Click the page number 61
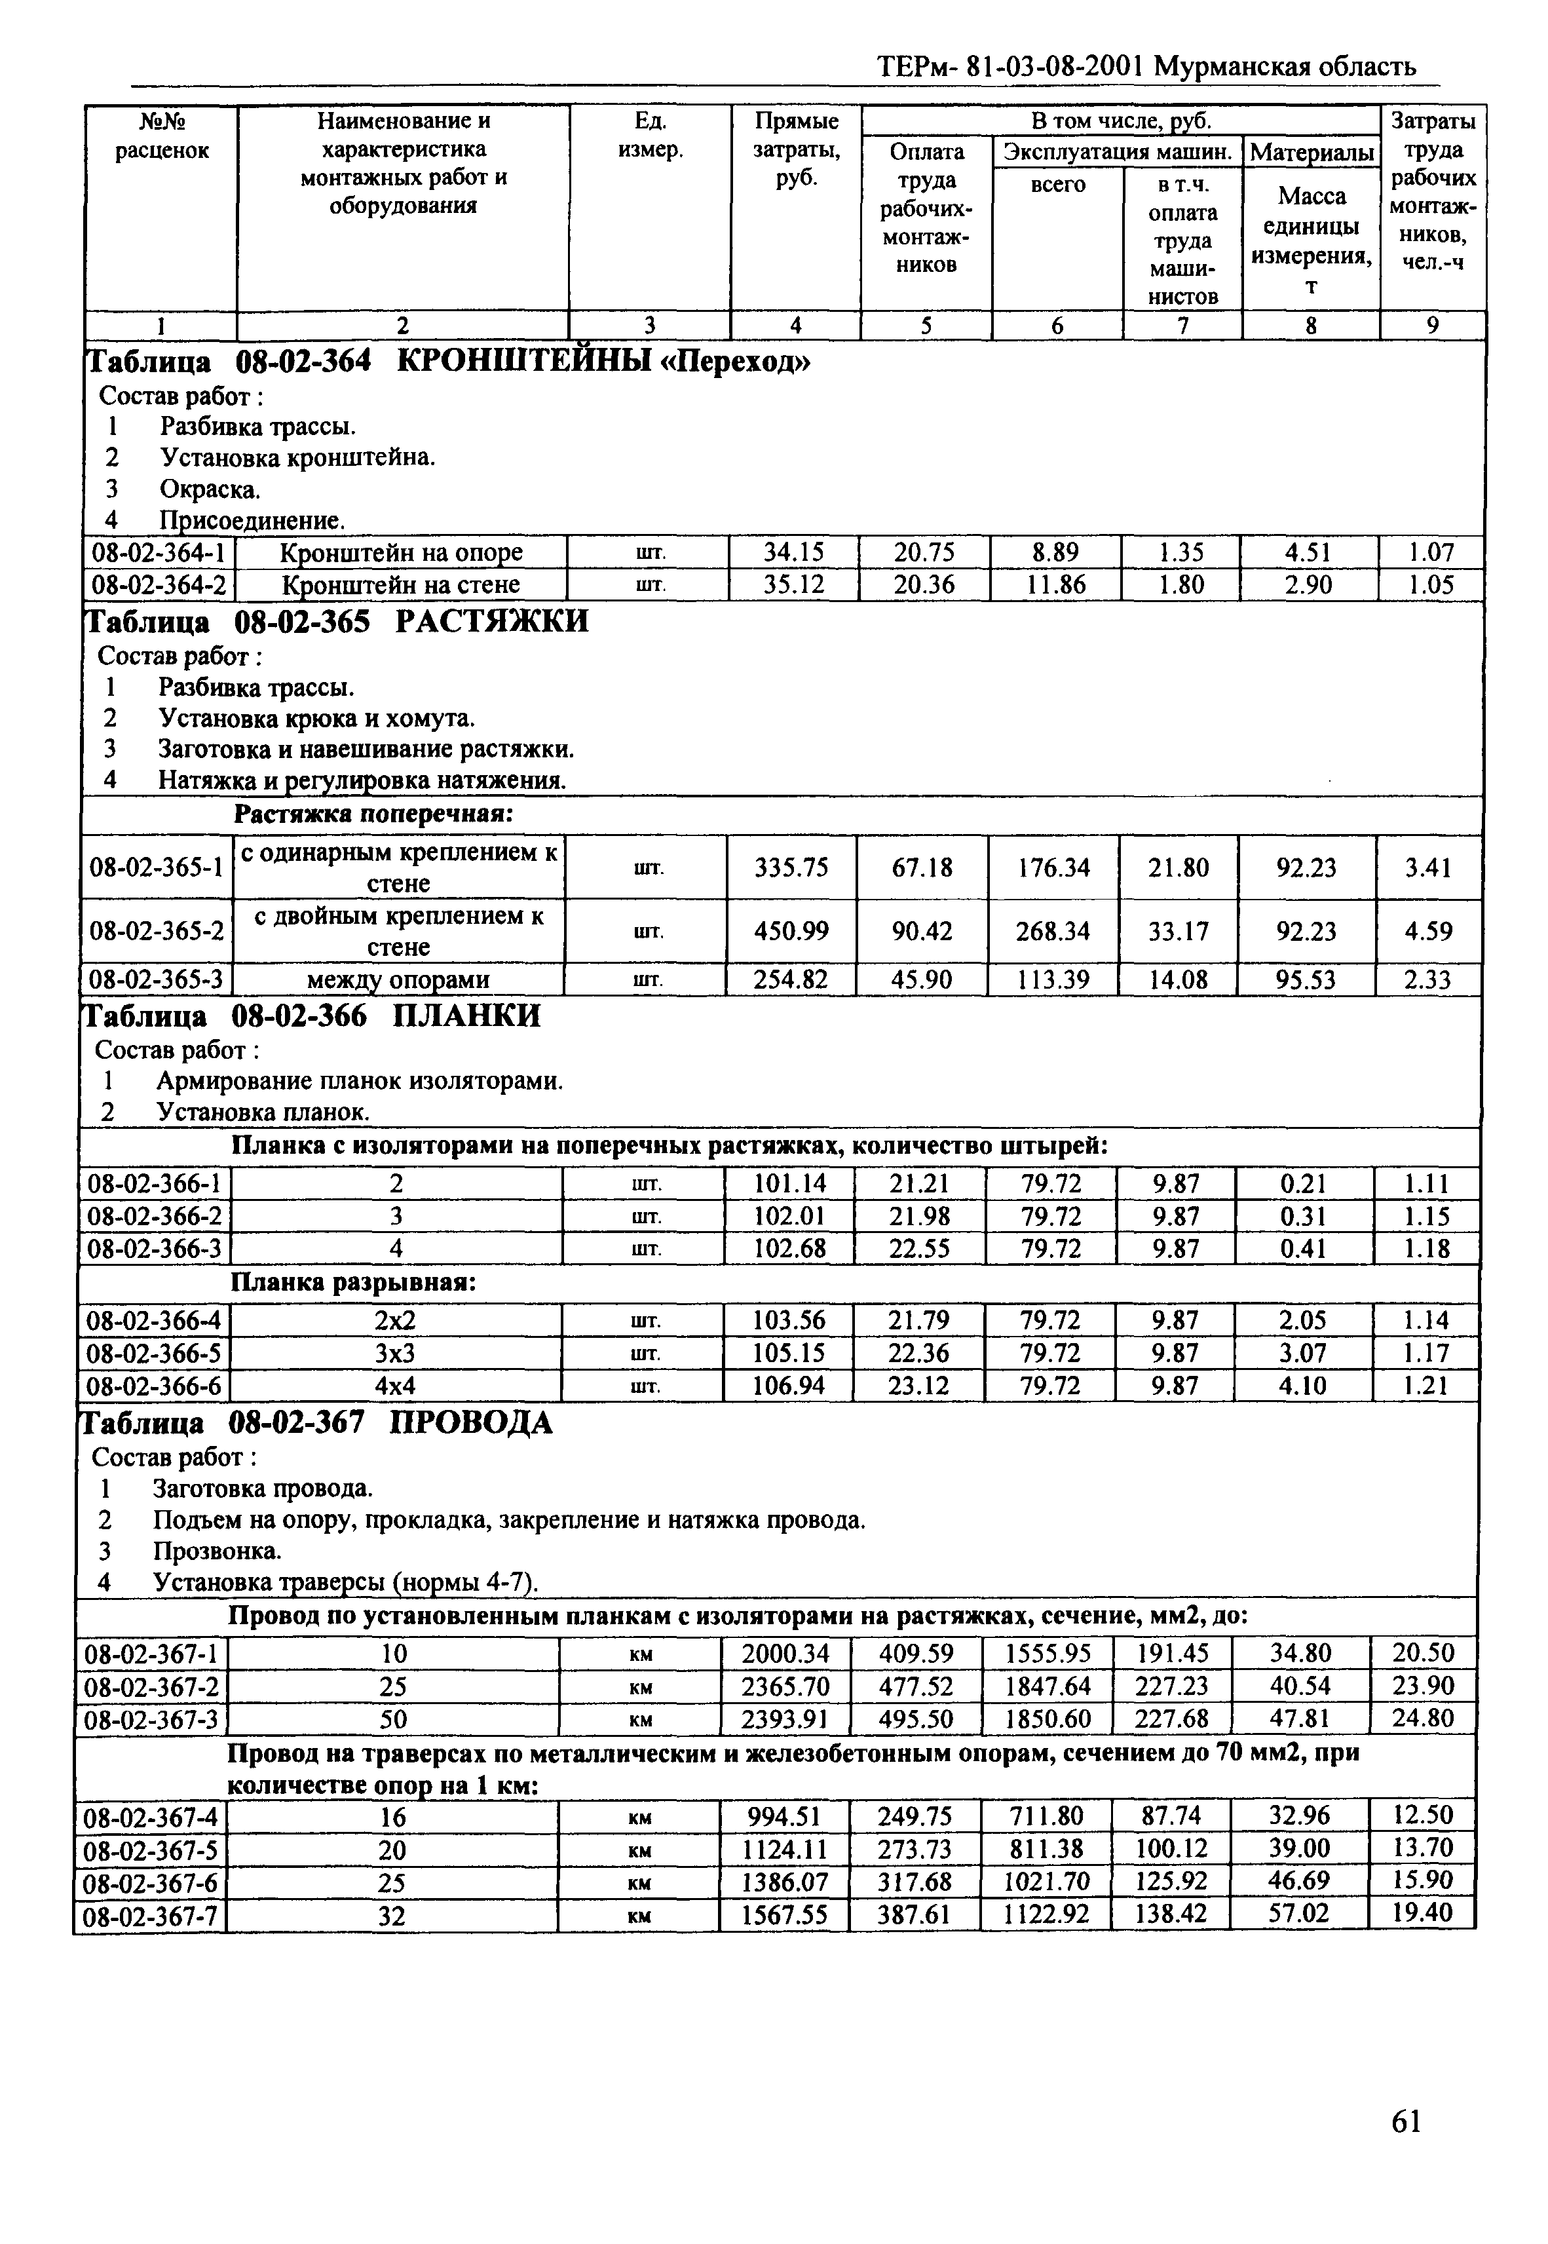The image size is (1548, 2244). coord(1405,2122)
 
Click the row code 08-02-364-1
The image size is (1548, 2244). coord(158,553)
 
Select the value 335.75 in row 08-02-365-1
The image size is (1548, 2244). coord(791,867)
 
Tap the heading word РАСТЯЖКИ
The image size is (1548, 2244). coord(492,620)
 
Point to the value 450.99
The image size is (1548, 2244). coord(791,931)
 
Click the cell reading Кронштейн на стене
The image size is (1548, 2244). coord(400,585)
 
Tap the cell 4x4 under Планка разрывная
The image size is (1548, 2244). coord(395,1386)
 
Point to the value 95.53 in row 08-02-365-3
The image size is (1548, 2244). coord(1306,980)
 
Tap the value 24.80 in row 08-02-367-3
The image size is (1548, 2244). coord(1423,1719)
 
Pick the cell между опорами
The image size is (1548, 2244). coord(398,980)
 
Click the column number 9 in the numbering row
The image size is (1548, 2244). coord(1433,326)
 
